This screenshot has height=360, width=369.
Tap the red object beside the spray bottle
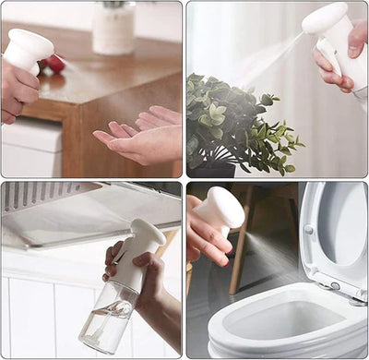[x=54, y=64]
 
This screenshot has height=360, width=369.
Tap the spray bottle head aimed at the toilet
[x=221, y=209]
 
